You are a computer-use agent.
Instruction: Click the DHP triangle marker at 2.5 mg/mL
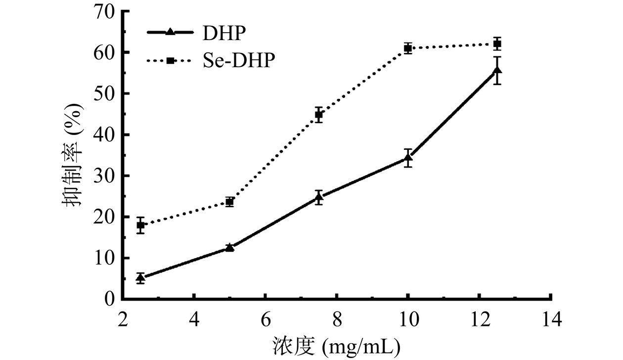tap(141, 278)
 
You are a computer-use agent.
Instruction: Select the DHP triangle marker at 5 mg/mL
tap(229, 247)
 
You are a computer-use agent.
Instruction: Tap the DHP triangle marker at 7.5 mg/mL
tap(319, 197)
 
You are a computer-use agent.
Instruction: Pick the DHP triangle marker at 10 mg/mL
tap(408, 158)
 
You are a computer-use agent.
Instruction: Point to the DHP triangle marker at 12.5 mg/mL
tap(497, 71)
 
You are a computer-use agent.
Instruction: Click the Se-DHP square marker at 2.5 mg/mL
tap(141, 225)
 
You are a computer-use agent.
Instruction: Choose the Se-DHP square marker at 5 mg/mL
tap(229, 202)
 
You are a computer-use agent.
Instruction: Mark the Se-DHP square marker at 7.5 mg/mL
tap(319, 115)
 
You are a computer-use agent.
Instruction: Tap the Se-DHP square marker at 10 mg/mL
tap(408, 48)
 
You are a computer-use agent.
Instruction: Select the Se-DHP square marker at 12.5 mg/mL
tap(497, 44)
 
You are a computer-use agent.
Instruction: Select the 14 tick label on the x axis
tap(551, 320)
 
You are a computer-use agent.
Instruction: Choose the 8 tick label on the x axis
tap(337, 320)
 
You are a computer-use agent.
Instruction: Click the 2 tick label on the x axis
tap(123, 320)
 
